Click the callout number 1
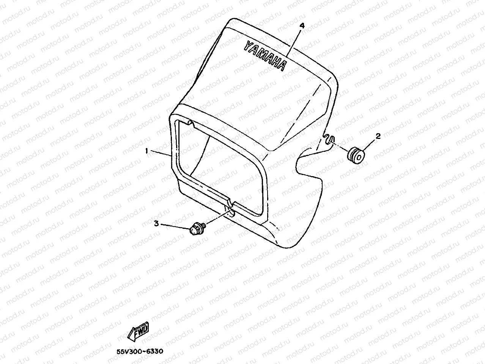point(146,151)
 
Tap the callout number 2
point(378,136)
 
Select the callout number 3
point(156,224)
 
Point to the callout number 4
point(302,26)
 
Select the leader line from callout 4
point(294,41)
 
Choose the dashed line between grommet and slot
point(341,147)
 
